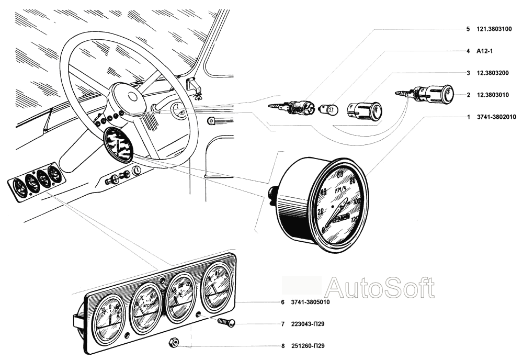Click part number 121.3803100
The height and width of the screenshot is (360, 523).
coord(496,29)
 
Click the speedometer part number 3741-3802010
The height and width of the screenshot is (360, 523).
coord(496,117)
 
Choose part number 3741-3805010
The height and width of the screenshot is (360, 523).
coord(310,302)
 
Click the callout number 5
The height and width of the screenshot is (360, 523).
coord(468,29)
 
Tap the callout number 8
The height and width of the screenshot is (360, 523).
coord(282,346)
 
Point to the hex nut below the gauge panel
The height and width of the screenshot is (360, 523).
coord(175,343)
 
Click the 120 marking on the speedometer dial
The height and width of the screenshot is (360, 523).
coord(356,219)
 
